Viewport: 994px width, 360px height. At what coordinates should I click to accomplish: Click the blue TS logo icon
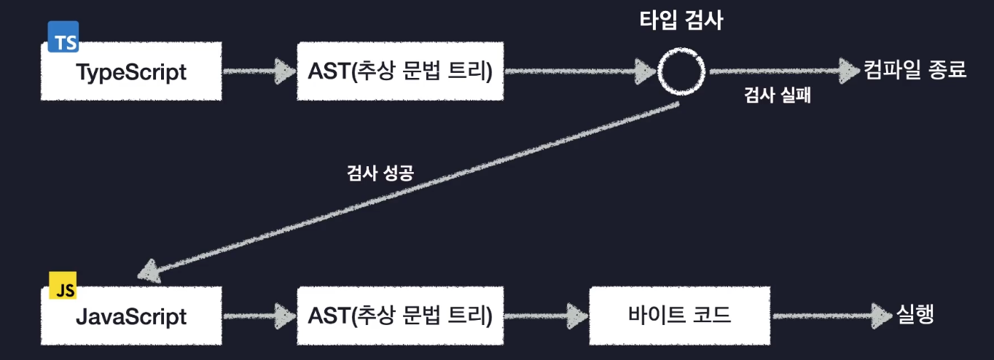tap(63, 37)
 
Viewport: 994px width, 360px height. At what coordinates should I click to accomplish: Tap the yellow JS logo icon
tap(63, 288)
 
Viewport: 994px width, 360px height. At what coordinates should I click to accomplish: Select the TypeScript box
tap(131, 72)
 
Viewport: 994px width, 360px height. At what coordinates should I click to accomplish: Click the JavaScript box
tap(131, 317)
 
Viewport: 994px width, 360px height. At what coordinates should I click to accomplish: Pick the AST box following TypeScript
tap(400, 72)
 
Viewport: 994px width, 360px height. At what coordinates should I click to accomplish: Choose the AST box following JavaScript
tap(400, 317)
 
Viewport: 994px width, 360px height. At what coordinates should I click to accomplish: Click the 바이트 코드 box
tap(679, 317)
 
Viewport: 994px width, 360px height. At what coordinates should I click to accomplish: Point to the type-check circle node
tap(682, 71)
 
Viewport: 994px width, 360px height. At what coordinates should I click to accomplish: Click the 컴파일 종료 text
tap(915, 71)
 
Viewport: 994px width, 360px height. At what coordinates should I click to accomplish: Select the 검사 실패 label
tap(778, 97)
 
